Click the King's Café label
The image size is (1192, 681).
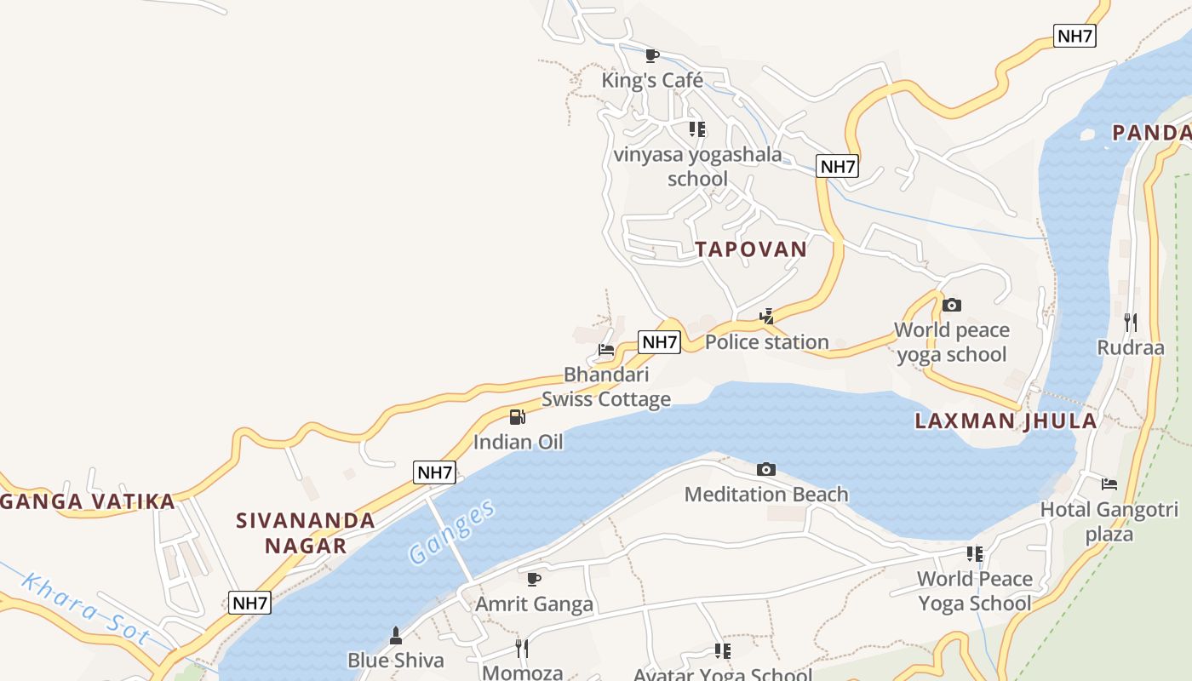[x=652, y=81]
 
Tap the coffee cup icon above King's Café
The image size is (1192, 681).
[x=652, y=56]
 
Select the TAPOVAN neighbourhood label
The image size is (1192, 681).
[x=751, y=249]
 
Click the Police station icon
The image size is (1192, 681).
[x=766, y=317]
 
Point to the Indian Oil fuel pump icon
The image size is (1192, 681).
[x=517, y=417]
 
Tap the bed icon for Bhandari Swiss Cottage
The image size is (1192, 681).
[x=606, y=349]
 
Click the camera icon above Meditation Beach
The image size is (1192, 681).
[x=766, y=469]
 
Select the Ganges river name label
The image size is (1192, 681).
[x=451, y=532]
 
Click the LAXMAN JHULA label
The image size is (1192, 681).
[x=1006, y=421]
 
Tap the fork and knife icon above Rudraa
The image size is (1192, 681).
[x=1131, y=322]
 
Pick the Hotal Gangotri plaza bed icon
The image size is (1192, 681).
[x=1109, y=484]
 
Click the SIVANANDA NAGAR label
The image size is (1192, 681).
[x=306, y=533]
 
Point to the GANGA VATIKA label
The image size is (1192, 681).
[x=87, y=501]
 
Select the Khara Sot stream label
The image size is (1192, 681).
[x=85, y=610]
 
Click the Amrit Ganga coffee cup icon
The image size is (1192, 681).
[x=534, y=580]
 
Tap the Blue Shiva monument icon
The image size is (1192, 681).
[x=395, y=635]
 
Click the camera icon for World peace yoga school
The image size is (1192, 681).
[x=952, y=305]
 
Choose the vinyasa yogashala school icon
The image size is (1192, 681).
[x=697, y=129]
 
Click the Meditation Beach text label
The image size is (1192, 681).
[x=766, y=495]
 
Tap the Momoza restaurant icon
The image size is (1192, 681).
[x=522, y=649]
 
